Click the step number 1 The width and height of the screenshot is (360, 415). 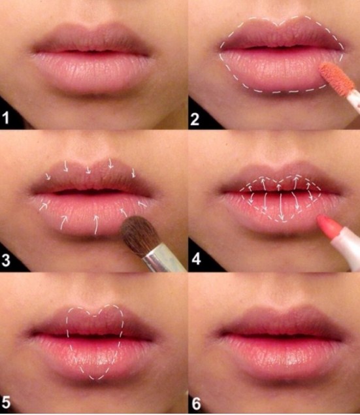[x=6, y=118]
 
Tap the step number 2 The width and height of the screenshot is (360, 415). [x=195, y=119]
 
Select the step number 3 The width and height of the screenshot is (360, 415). [x=6, y=260]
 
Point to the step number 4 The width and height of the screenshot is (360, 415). [x=196, y=259]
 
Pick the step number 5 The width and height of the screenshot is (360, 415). [x=6, y=403]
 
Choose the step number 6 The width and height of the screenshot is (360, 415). [x=196, y=403]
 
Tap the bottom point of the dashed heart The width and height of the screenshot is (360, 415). [x=95, y=379]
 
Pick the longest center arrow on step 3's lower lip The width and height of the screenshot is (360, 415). [x=96, y=224]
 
